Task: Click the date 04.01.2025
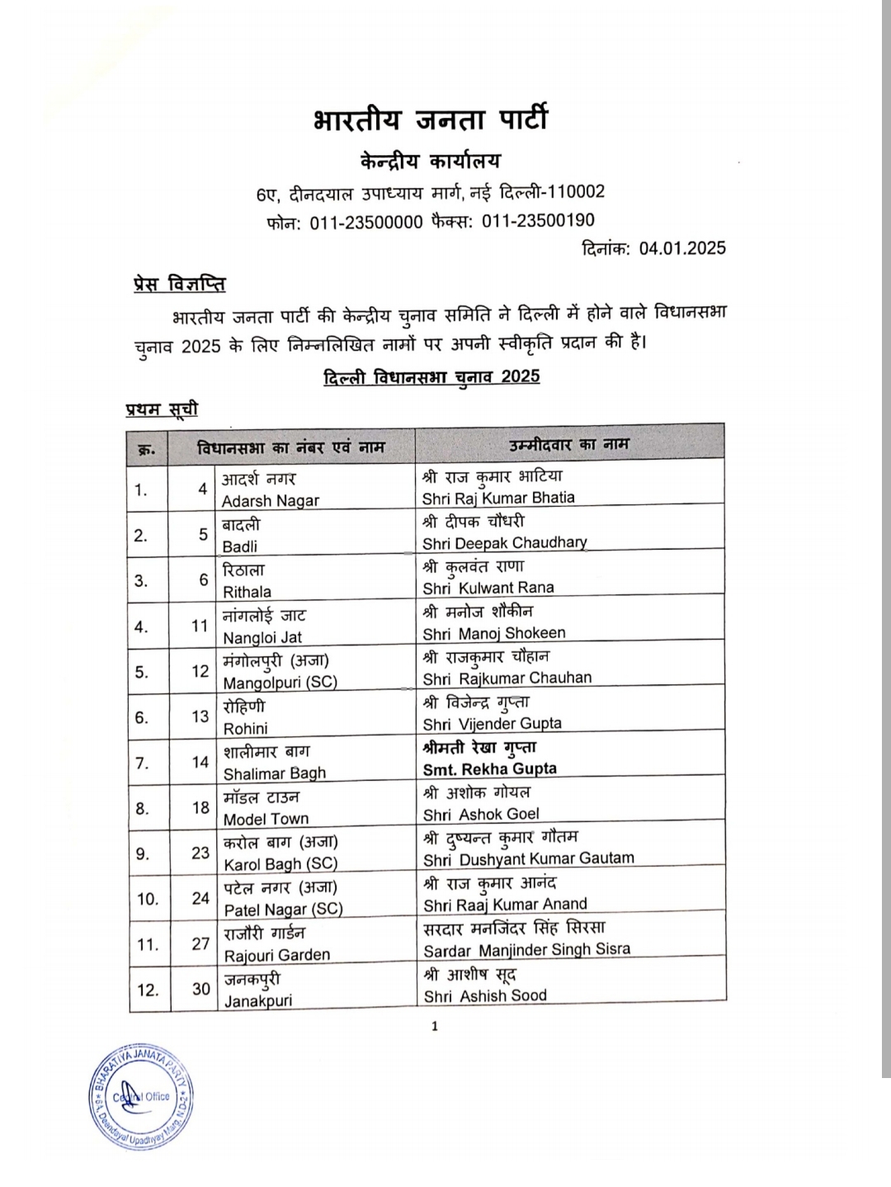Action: pyautogui.click(x=681, y=248)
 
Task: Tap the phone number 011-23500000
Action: pyautogui.click(x=365, y=223)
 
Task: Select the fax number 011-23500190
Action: pyautogui.click(x=538, y=220)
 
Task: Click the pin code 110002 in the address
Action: pyautogui.click(x=577, y=192)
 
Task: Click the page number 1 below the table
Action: pyautogui.click(x=435, y=1026)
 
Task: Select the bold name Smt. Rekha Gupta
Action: pyautogui.click(x=489, y=768)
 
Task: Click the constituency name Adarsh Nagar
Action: pyautogui.click(x=270, y=501)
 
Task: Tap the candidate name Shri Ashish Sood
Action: pyautogui.click(x=485, y=995)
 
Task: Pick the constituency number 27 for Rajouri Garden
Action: pyautogui.click(x=200, y=943)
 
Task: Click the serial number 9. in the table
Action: pyautogui.click(x=143, y=854)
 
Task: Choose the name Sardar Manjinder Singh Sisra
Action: pyautogui.click(x=526, y=950)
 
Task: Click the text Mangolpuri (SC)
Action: pyautogui.click(x=280, y=683)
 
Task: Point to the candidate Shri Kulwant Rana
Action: pyautogui.click(x=488, y=588)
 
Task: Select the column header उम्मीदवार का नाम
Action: pyautogui.click(x=569, y=444)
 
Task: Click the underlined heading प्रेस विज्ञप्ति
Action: pyautogui.click(x=179, y=284)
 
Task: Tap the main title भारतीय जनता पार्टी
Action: pyautogui.click(x=430, y=120)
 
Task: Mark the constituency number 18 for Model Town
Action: pyautogui.click(x=200, y=807)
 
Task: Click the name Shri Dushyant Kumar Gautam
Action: pyautogui.click(x=528, y=858)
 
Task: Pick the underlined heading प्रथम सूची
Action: pyautogui.click(x=162, y=409)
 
